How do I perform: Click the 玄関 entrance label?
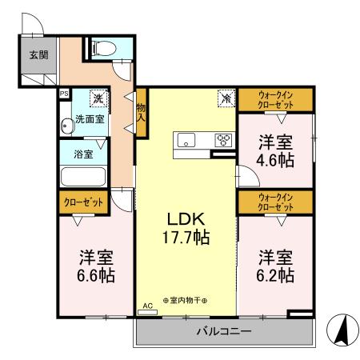pyautogui.click(x=37, y=55)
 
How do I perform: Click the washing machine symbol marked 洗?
pyautogui.click(x=98, y=98)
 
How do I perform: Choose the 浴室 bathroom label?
pyautogui.click(x=82, y=153)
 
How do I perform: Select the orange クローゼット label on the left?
pyautogui.click(x=82, y=203)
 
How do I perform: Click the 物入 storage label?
pyautogui.click(x=142, y=111)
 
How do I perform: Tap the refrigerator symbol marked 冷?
pyautogui.click(x=226, y=99)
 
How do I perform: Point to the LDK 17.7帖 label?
pyautogui.click(x=188, y=227)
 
